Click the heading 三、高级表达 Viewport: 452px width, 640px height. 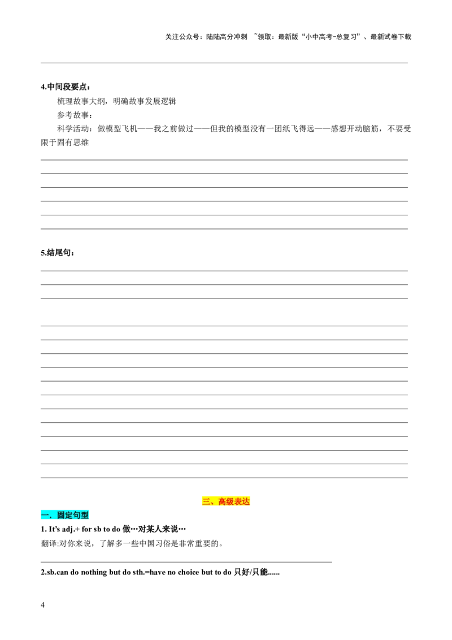[226, 501]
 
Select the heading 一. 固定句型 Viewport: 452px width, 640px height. [66, 514]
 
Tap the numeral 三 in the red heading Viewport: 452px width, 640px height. [206, 501]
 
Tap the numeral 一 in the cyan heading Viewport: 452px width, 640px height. [45, 515]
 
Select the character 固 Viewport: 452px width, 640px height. [61, 515]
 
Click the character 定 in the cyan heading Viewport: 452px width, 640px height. [69, 515]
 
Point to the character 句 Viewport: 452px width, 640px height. [77, 515]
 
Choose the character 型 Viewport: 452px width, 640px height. [85, 515]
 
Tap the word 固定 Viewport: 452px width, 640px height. [65, 515]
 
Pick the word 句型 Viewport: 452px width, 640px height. [81, 515]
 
